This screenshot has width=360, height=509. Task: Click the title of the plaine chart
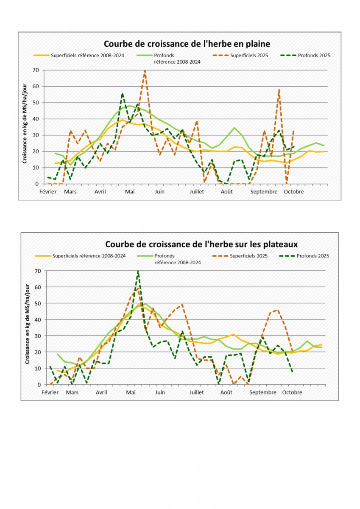187,44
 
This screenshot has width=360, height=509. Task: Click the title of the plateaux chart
201,245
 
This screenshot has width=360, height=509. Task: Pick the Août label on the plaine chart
227,192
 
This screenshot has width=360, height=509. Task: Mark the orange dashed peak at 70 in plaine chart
145,71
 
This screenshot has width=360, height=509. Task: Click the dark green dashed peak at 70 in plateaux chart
138,271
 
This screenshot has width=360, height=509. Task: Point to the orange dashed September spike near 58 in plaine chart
279,90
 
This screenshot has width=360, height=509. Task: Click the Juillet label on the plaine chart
197,192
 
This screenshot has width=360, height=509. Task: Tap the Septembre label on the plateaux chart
262,392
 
